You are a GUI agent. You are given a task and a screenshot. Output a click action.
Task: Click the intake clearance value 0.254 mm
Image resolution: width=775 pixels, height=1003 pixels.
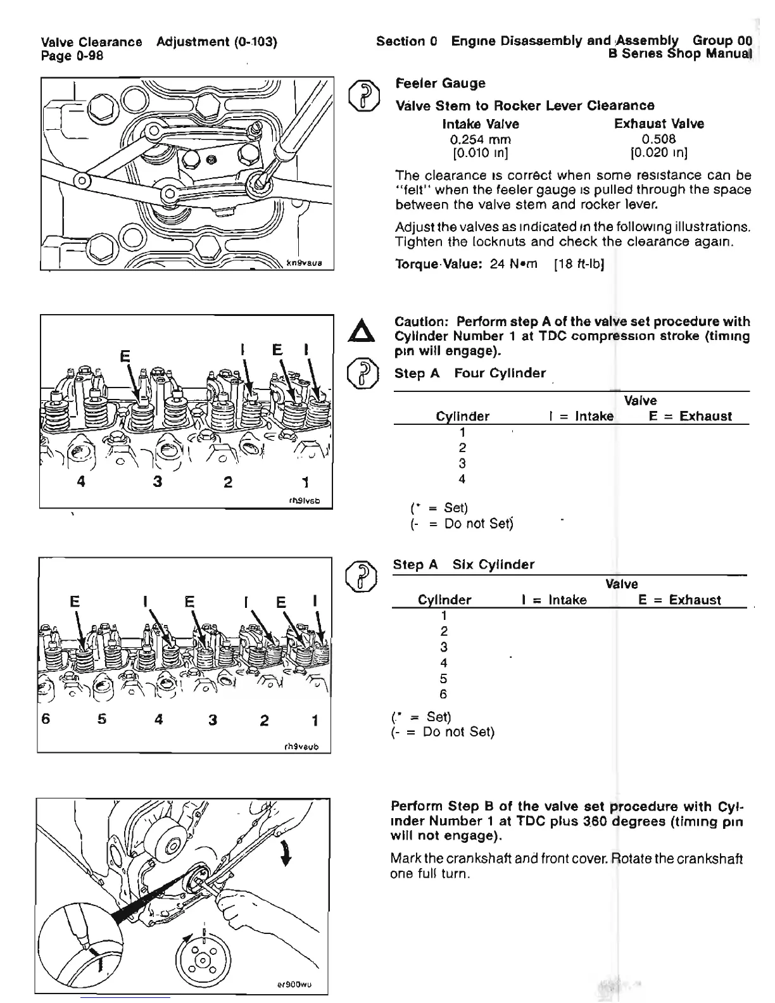[480, 139]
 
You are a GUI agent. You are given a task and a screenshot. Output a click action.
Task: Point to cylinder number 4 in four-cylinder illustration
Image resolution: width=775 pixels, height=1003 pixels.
[80, 481]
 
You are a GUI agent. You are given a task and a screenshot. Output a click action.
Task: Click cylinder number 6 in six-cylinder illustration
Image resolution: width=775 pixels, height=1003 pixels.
[46, 720]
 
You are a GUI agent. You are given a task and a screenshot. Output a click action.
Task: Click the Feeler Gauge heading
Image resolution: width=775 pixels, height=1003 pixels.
[440, 84]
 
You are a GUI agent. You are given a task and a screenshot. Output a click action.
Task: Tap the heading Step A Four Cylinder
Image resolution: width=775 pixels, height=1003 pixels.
[470, 374]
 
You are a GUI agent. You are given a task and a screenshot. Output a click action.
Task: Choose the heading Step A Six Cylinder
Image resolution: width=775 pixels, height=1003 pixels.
[463, 564]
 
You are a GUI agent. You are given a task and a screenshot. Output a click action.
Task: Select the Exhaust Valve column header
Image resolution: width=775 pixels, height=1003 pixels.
[658, 123]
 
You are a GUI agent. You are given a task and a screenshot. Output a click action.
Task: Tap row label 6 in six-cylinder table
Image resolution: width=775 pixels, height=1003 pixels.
[443, 694]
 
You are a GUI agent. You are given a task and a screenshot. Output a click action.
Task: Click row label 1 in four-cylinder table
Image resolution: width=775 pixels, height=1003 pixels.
[462, 432]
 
